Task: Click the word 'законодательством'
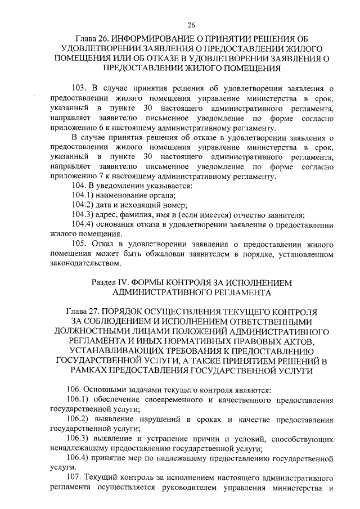(x=84, y=263)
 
